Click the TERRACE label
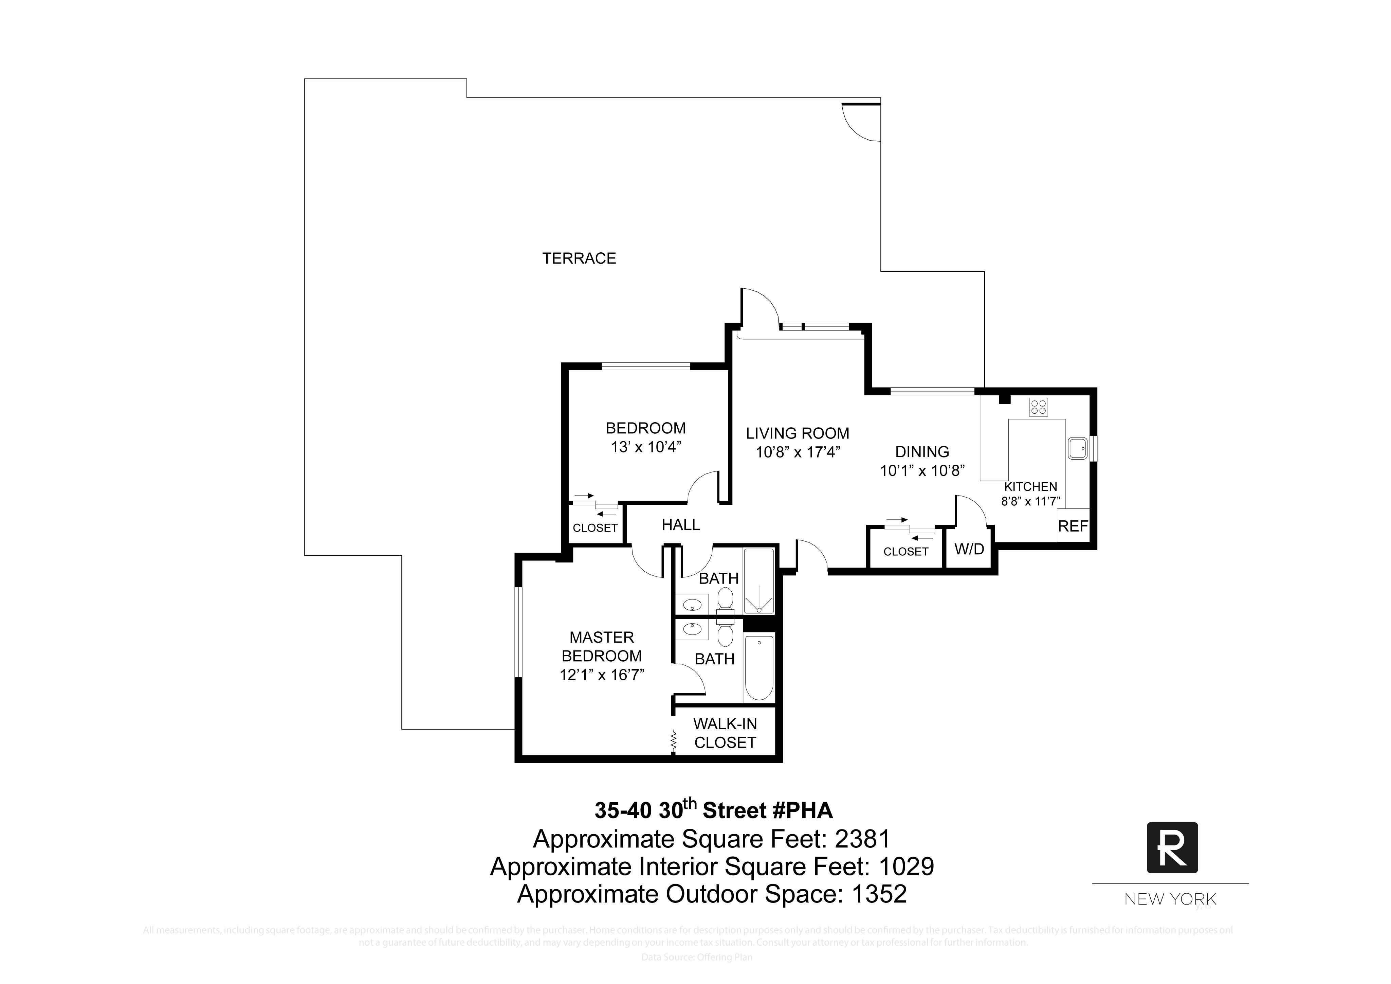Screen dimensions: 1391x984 (579, 259)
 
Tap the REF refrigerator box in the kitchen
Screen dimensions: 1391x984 (1073, 526)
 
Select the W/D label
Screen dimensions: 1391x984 (969, 550)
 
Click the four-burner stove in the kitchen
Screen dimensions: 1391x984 (1038, 407)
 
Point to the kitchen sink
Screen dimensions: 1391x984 (1078, 448)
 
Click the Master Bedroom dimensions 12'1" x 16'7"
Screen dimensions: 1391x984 (602, 675)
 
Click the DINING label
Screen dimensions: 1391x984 (922, 452)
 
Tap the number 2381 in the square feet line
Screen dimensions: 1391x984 (863, 839)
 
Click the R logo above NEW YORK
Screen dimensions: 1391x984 (1172, 848)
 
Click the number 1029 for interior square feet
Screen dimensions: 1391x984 (906, 867)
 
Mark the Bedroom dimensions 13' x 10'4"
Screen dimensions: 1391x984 (646, 447)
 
